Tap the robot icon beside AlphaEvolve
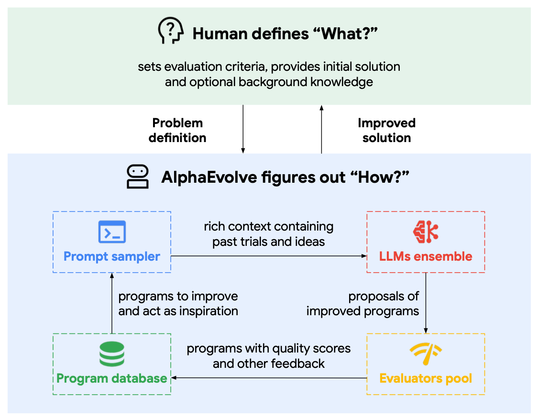click(137, 177)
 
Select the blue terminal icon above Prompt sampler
click(111, 232)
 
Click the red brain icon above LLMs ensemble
click(426, 232)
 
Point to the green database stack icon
click(111, 354)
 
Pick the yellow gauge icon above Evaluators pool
click(426, 354)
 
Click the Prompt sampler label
click(112, 256)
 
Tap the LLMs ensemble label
click(426, 256)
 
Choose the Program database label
click(112, 378)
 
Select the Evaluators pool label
click(426, 378)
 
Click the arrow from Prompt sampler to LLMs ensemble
click(268, 256)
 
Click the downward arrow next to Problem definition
click(243, 129)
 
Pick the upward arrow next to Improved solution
click(321, 129)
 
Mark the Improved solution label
click(386, 130)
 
